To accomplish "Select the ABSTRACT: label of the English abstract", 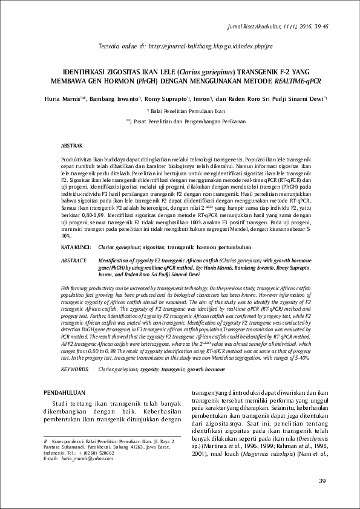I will [x=76, y=259].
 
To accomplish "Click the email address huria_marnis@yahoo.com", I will [x=82, y=459].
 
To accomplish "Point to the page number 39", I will [x=322, y=481].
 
